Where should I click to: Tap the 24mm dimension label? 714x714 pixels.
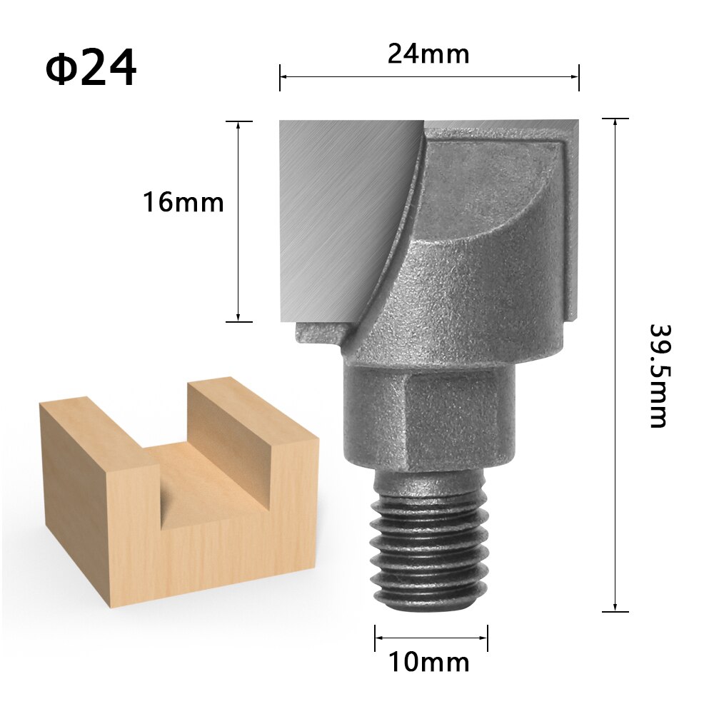[428, 54]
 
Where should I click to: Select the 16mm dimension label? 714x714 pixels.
[183, 203]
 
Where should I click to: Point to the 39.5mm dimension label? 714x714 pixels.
[658, 376]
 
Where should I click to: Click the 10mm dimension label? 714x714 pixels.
[429, 663]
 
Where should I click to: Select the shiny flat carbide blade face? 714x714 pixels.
[336, 207]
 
